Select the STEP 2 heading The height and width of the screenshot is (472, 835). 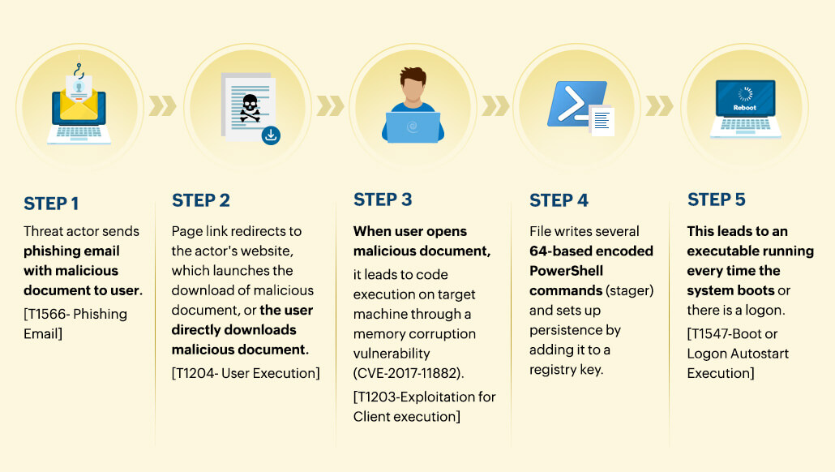click(201, 200)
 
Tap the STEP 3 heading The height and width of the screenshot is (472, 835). click(383, 200)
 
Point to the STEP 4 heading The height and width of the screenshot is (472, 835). click(559, 200)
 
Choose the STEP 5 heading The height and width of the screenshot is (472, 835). click(717, 200)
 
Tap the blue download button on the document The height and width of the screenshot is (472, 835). click(272, 135)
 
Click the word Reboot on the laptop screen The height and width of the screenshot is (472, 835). click(745, 107)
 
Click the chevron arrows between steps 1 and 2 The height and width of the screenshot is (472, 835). click(162, 105)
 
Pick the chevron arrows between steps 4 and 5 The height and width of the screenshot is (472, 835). click(658, 105)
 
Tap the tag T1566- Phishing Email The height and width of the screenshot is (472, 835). click(75, 324)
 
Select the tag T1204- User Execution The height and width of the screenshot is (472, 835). click(246, 373)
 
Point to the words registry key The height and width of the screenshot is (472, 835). click(564, 370)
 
